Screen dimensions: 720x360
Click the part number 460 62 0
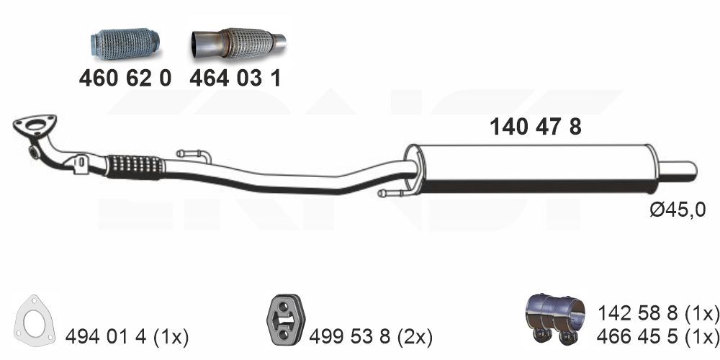pyautogui.click(x=125, y=78)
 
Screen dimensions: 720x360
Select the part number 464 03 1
pyautogui.click(x=235, y=78)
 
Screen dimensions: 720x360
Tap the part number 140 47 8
pyautogui.click(x=536, y=127)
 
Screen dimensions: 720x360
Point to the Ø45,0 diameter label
pyautogui.click(x=678, y=210)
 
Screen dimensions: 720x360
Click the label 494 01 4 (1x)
pyautogui.click(x=127, y=338)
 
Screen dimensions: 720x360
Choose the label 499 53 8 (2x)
pyautogui.click(x=371, y=338)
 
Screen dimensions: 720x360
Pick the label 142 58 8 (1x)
pyautogui.click(x=658, y=314)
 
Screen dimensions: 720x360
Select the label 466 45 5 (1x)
pyautogui.click(x=658, y=336)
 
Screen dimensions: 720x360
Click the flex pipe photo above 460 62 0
pyautogui.click(x=125, y=44)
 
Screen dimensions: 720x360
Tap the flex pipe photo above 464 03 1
pyautogui.click(x=239, y=43)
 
